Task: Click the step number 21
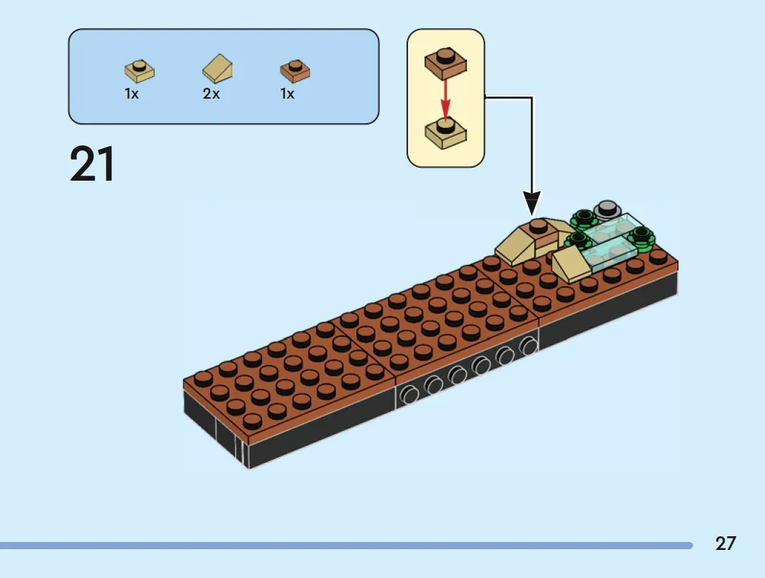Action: [92, 164]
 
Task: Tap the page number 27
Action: [725, 544]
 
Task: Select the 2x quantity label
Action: [212, 94]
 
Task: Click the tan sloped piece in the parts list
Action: [217, 68]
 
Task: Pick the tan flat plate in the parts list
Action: [140, 71]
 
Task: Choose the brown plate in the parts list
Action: [295, 71]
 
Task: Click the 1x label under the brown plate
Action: [287, 94]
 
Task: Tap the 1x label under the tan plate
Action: [132, 94]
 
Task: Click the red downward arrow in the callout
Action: [445, 99]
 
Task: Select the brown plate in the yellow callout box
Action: [445, 63]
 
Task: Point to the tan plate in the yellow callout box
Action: [445, 133]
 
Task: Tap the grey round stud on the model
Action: [607, 209]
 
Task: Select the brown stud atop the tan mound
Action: [538, 226]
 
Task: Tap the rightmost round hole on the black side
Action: [528, 346]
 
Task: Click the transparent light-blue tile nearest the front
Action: [608, 255]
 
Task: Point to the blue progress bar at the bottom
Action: [346, 546]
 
